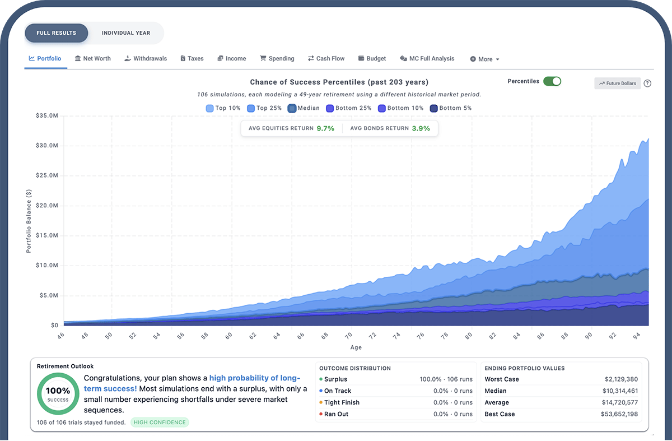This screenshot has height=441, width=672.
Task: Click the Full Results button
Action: point(56,33)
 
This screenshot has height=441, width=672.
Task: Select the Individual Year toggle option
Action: point(126,33)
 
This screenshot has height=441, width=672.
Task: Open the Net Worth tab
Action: point(93,58)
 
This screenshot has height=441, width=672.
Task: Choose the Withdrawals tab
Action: point(146,58)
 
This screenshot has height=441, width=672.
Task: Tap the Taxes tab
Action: point(192,58)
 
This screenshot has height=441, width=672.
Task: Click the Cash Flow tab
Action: point(326,58)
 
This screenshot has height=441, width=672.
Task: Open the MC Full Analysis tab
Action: point(427,58)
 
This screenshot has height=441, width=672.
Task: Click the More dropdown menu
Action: point(485,59)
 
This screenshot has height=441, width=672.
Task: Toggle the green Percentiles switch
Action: point(552,81)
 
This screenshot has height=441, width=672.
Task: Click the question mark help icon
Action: point(647,83)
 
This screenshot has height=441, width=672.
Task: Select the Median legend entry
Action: point(304,108)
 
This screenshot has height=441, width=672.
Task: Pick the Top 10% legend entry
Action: point(224,108)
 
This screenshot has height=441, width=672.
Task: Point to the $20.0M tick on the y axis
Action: point(46,206)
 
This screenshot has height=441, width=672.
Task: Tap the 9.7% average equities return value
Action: point(325,128)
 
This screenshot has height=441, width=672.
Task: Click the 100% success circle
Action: point(58,393)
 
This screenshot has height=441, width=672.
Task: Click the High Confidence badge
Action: point(160,423)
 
